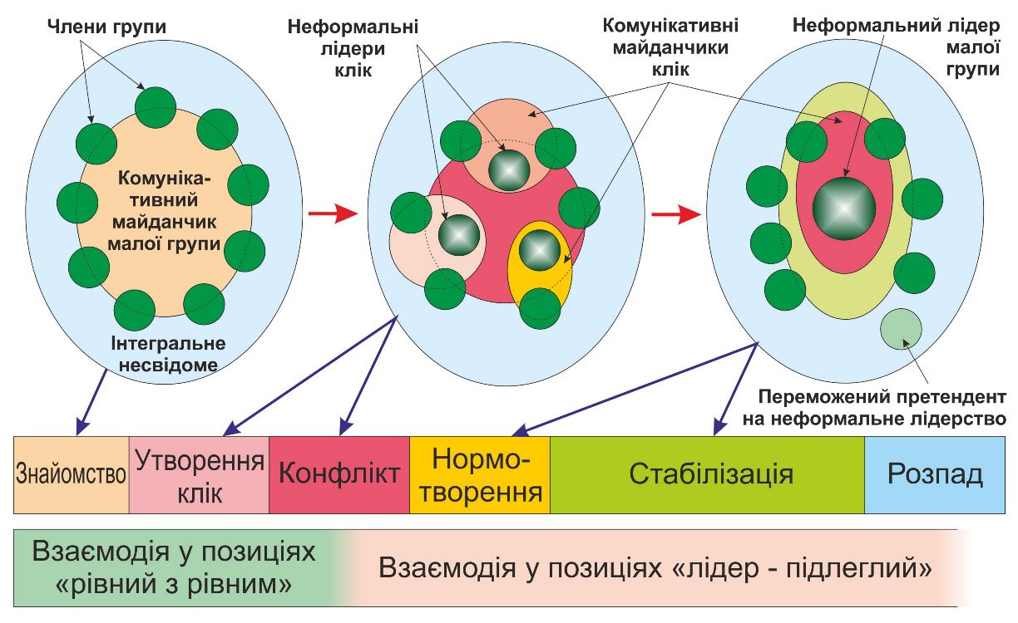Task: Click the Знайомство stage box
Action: pos(72,474)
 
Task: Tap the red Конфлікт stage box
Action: pos(339,474)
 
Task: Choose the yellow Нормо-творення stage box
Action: pos(480,475)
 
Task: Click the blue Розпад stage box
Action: pos(935,474)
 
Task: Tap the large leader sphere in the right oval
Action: pos(843,208)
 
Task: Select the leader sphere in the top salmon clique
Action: pos(507,169)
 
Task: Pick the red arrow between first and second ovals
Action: pos(332,214)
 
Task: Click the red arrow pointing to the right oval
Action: pos(675,214)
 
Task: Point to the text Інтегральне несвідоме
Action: pos(167,353)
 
